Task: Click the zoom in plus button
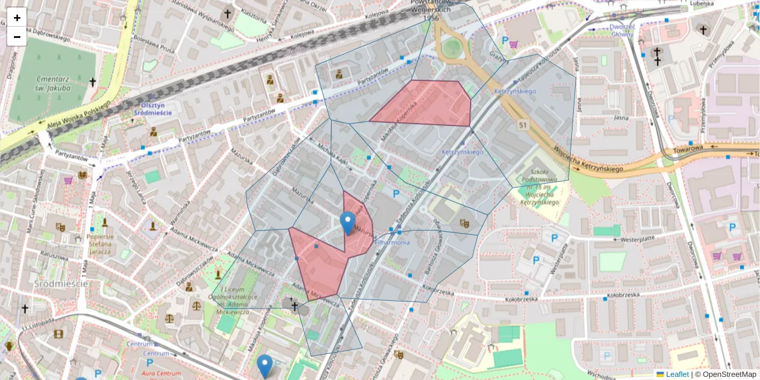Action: coord(17,18)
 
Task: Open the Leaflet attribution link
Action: coord(676,374)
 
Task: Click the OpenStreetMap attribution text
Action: coord(729,374)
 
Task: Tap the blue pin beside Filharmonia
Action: coord(347,223)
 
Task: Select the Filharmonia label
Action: coord(392,242)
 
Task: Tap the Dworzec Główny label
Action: coord(622,30)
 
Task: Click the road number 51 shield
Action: coord(522,125)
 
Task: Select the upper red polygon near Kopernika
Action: coord(431,103)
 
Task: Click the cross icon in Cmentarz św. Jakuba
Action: coord(92,82)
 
